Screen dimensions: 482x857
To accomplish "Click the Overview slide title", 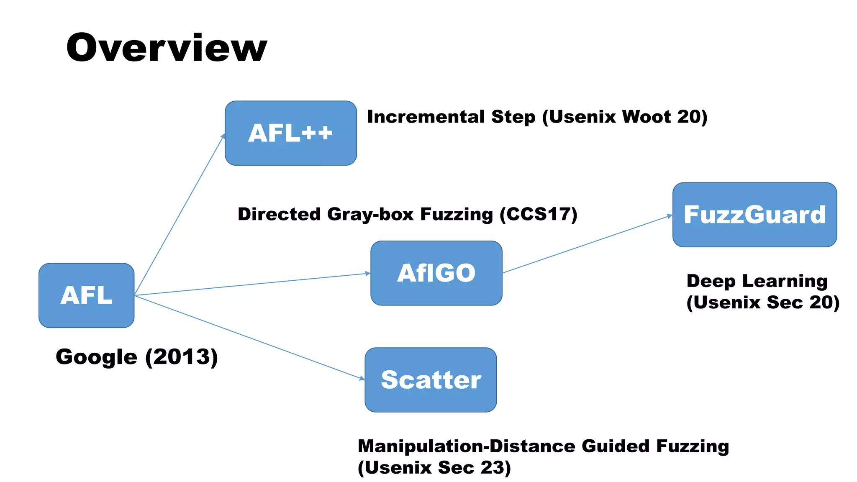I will (167, 48).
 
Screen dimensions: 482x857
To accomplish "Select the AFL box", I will (87, 295).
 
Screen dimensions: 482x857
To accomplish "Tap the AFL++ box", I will (290, 133).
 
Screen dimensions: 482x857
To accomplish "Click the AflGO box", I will (436, 273).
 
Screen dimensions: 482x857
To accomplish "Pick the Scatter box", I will (431, 380).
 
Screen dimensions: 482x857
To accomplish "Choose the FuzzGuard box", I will (754, 215).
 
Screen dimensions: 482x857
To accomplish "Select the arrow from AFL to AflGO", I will (251, 284).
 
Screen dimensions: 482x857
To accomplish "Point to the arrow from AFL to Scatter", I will (251, 338).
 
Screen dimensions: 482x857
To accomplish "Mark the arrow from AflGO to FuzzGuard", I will (586, 245).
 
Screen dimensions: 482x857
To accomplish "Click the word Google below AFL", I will (96, 357).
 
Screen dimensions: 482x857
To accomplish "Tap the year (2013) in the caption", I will (182, 357).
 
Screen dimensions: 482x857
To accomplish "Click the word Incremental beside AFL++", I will (426, 117).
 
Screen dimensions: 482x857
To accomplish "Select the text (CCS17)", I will (539, 214).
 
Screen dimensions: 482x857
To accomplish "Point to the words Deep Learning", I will (757, 281).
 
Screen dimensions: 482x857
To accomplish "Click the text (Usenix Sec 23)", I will (434, 468).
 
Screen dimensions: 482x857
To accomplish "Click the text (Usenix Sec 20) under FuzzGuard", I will (762, 303).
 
